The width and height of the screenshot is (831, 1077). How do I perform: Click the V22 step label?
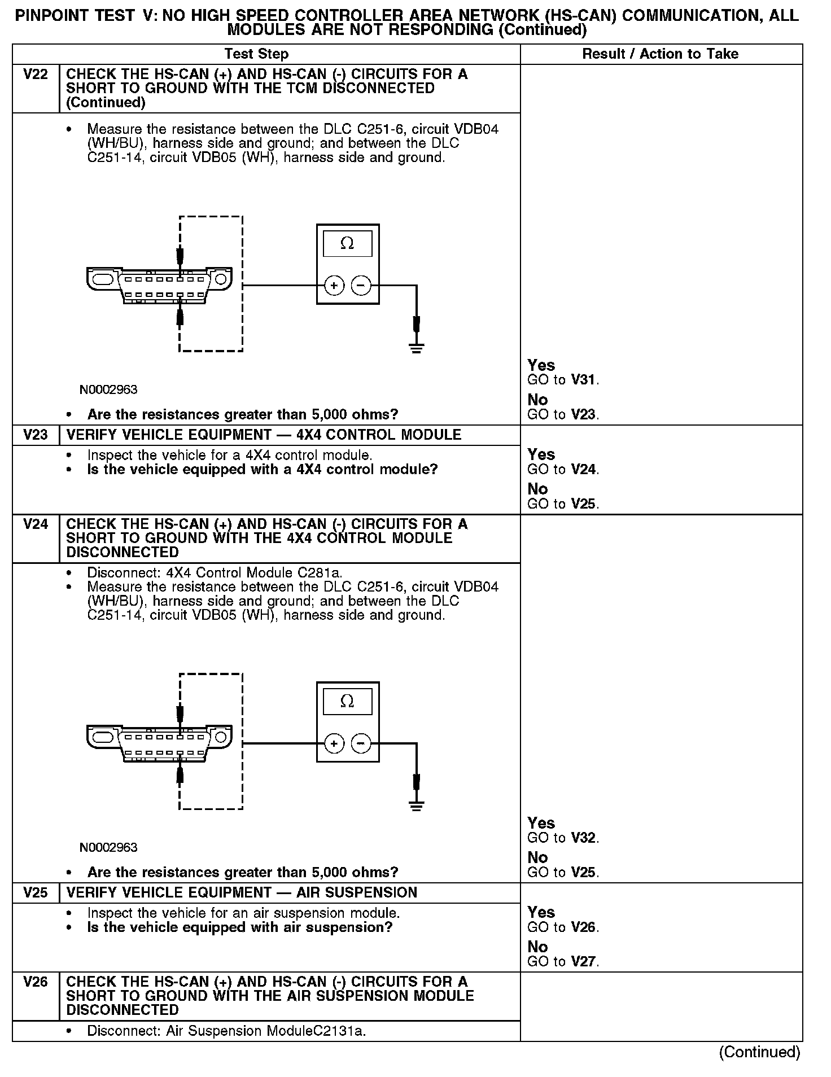(x=36, y=75)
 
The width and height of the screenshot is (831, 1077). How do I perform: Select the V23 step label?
(x=36, y=435)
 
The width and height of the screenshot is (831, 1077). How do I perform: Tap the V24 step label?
(x=36, y=524)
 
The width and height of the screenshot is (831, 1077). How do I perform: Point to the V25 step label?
(x=36, y=892)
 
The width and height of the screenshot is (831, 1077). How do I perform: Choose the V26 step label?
(x=36, y=982)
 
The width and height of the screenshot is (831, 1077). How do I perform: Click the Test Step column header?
(x=256, y=54)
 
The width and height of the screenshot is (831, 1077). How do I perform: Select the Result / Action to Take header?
(x=660, y=54)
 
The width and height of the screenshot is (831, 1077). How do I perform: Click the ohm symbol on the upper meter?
(x=347, y=244)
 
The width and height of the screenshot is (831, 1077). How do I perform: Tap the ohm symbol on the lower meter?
(x=347, y=702)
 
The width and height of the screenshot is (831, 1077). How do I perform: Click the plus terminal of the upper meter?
(x=334, y=286)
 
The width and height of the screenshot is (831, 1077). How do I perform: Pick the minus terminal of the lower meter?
(x=361, y=743)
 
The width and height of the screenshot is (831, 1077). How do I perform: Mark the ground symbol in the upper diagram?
(x=417, y=347)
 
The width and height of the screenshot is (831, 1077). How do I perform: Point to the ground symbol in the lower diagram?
(x=417, y=805)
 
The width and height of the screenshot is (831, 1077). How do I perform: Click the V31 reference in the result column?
(x=583, y=380)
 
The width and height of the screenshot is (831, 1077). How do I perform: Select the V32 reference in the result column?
(x=583, y=838)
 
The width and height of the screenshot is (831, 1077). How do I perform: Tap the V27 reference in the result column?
(x=583, y=961)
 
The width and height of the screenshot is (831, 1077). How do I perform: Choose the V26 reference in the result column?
(x=583, y=927)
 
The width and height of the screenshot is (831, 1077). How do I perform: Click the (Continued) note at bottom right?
(x=759, y=1052)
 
